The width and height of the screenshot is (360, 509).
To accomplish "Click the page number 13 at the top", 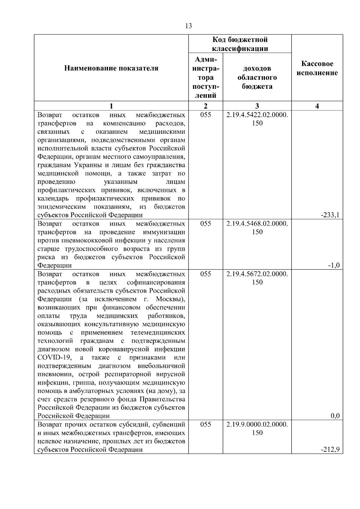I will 189,26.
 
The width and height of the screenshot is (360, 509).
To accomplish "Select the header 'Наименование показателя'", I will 111,68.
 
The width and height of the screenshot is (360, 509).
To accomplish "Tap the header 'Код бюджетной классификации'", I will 240,44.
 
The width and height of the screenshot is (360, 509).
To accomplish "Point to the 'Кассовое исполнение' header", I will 317,68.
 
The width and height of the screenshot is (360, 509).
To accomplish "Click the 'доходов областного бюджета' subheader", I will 257,78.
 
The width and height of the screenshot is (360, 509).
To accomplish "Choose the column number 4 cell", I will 317,106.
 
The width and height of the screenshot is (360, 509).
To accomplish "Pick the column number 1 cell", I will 111,106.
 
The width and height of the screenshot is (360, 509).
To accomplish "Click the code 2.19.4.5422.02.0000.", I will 257,115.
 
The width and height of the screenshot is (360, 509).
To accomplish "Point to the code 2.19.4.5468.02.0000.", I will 257,223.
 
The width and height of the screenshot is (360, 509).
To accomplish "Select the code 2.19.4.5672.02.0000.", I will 257,274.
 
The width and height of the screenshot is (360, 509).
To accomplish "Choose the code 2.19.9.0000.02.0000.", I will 257,424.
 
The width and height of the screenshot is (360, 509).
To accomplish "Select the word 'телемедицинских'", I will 158,333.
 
